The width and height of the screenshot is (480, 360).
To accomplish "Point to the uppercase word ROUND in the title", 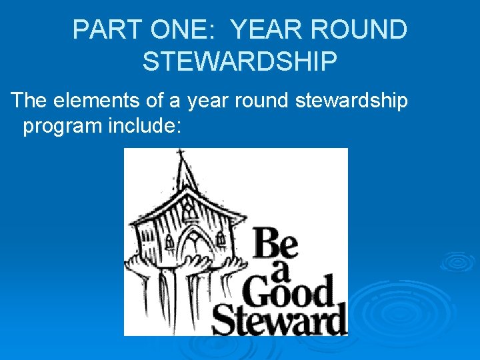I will [x=365, y=30].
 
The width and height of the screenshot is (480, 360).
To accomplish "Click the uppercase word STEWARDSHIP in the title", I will [x=240, y=61].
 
